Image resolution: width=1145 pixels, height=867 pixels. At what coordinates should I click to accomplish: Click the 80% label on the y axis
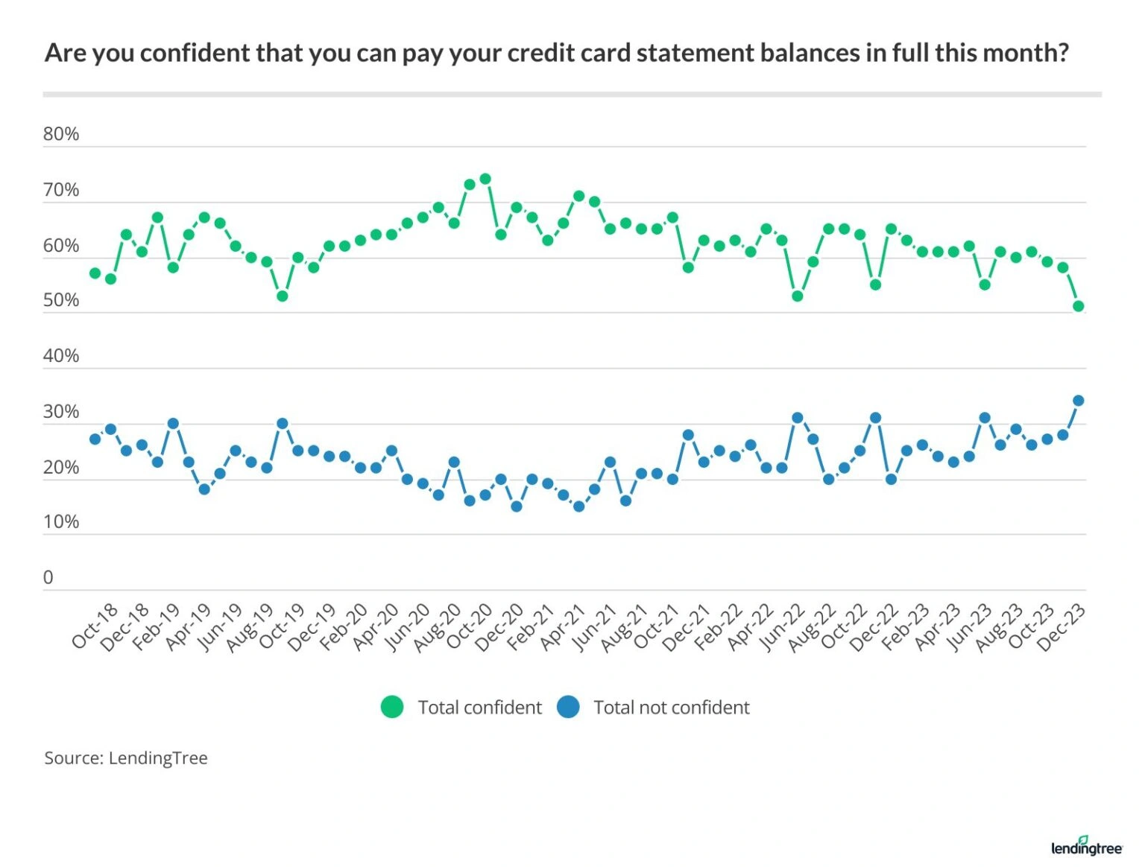(x=60, y=134)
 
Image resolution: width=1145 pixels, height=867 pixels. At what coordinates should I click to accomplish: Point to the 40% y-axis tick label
(x=60, y=356)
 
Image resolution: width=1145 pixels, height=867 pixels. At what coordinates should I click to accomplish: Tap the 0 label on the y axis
(x=48, y=577)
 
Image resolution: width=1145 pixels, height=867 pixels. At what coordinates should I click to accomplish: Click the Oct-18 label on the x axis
(x=95, y=626)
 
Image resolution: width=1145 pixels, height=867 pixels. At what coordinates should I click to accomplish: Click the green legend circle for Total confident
(x=392, y=707)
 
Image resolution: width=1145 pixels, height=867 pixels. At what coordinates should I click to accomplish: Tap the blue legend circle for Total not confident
(x=568, y=707)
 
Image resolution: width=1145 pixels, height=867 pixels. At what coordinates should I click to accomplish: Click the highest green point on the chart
(x=485, y=179)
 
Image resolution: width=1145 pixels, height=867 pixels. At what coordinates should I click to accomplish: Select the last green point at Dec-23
(x=1078, y=306)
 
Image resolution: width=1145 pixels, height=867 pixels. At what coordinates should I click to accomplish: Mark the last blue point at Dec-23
(x=1078, y=401)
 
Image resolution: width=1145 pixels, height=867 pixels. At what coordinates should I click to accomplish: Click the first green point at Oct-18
(x=95, y=273)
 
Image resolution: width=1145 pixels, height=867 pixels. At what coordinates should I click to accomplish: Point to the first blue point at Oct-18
(x=95, y=439)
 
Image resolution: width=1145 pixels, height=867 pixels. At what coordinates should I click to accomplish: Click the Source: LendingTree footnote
(x=126, y=758)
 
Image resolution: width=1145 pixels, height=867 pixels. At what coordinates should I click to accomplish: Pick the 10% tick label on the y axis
(x=60, y=522)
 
